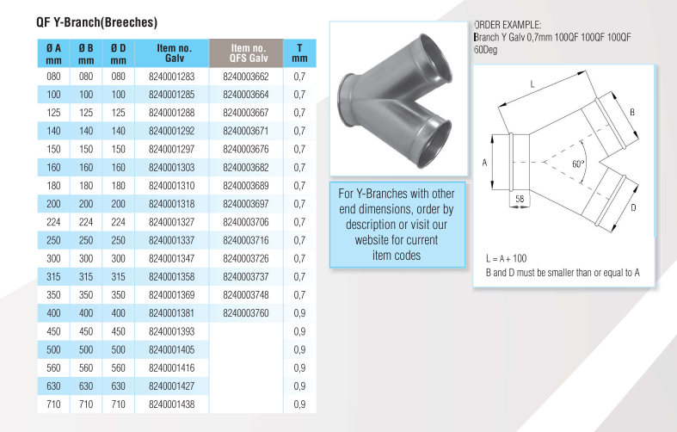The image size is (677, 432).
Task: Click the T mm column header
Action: click(x=299, y=53)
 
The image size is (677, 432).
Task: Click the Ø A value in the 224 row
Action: click(x=53, y=221)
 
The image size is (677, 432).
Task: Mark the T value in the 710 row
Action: click(x=299, y=404)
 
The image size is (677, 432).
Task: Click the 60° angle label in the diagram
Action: click(x=578, y=164)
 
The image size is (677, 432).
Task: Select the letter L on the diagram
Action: click(x=533, y=84)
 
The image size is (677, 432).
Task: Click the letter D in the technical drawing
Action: click(x=633, y=207)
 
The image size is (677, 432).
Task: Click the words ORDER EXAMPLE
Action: click(x=507, y=26)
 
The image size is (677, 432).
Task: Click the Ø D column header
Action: click(x=119, y=53)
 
